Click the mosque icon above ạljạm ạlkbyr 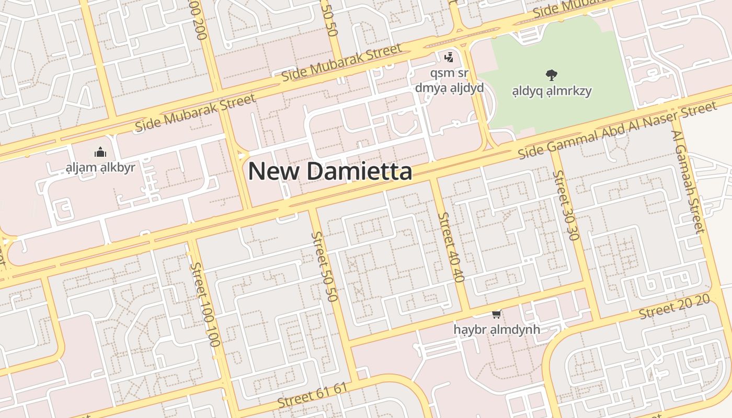point(100,153)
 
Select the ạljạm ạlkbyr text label point(100,168)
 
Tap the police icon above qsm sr point(449,57)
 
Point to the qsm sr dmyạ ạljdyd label point(449,80)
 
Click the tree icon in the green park point(551,75)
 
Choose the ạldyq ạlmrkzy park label point(552,91)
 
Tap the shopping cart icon point(496,314)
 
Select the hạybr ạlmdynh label point(496,330)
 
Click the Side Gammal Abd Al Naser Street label point(617,131)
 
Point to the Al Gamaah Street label point(688,180)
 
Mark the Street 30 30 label point(566,205)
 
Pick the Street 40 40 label point(451,247)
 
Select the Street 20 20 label point(674,307)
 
